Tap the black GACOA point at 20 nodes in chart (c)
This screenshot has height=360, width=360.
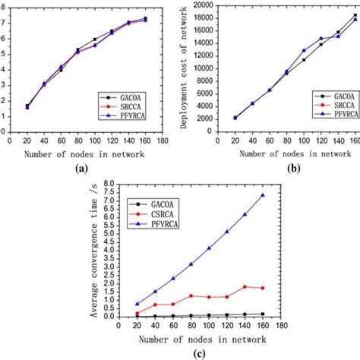click(137, 316)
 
